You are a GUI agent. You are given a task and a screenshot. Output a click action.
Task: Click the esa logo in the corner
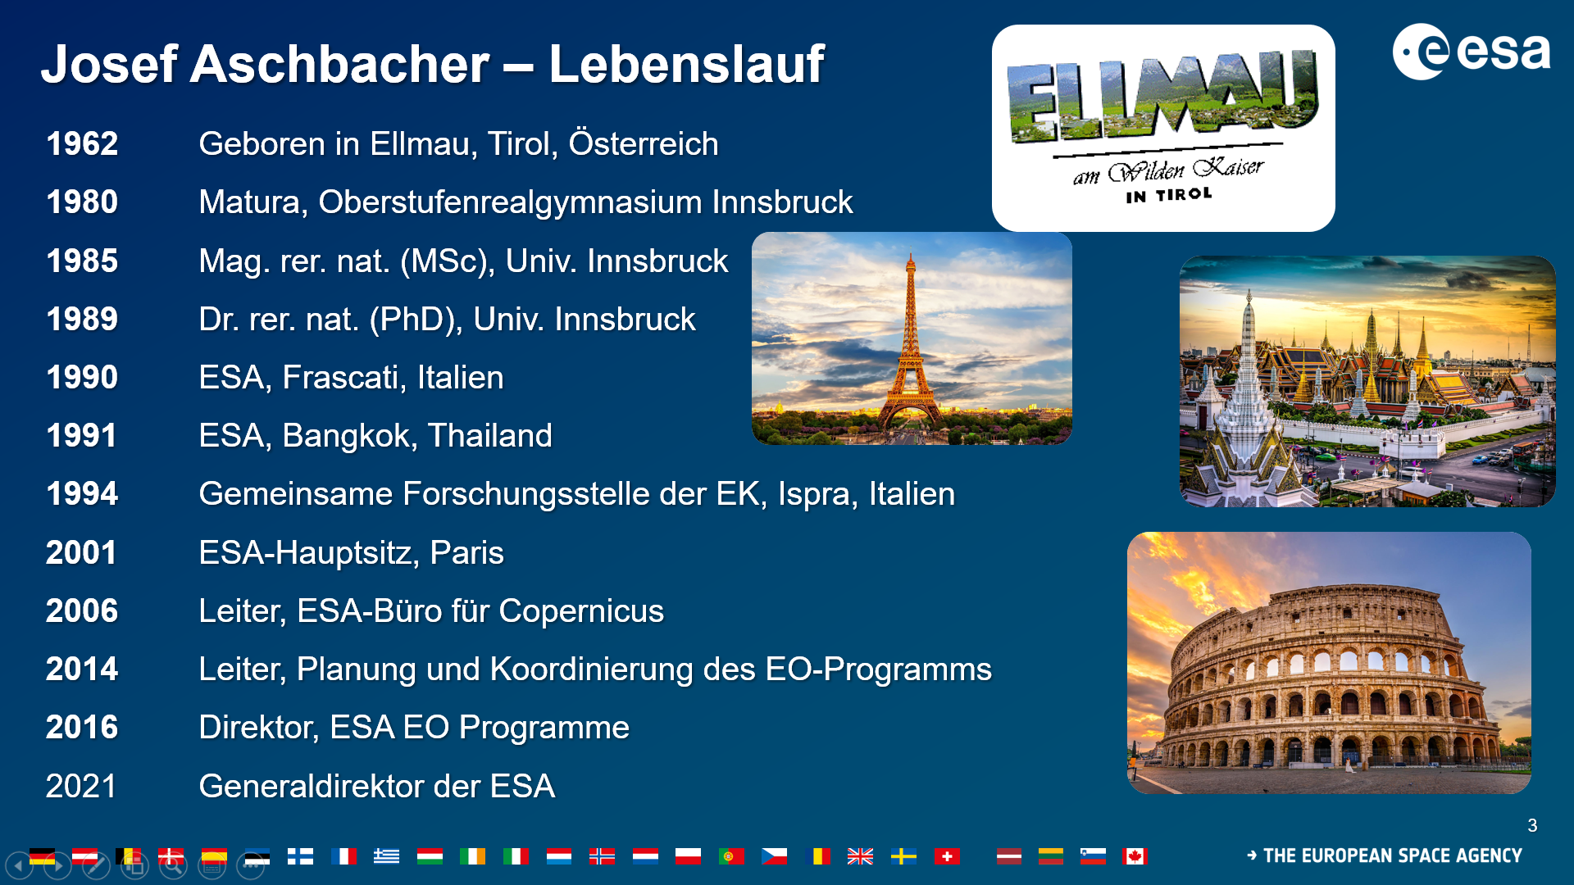[x=1472, y=52]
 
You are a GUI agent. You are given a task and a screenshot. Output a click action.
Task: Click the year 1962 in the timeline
[x=82, y=144]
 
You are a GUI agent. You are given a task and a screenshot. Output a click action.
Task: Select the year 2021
[x=81, y=787]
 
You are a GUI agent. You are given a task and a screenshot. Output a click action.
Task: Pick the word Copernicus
[x=581, y=611]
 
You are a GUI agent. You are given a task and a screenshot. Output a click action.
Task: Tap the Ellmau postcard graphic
[x=1163, y=128]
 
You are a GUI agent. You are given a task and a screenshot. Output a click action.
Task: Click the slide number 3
[x=1532, y=826]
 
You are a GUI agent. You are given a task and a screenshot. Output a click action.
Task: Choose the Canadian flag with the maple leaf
[x=1135, y=856]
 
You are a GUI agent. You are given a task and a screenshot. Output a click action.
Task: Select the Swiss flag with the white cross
[x=947, y=856]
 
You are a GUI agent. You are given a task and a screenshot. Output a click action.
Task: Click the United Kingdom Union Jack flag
[x=860, y=856]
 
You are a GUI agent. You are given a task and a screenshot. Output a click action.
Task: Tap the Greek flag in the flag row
[x=386, y=856]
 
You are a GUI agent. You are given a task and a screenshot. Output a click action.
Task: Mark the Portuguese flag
[x=730, y=856]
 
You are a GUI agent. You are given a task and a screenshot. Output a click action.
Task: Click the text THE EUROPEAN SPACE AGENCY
[x=1392, y=856]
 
